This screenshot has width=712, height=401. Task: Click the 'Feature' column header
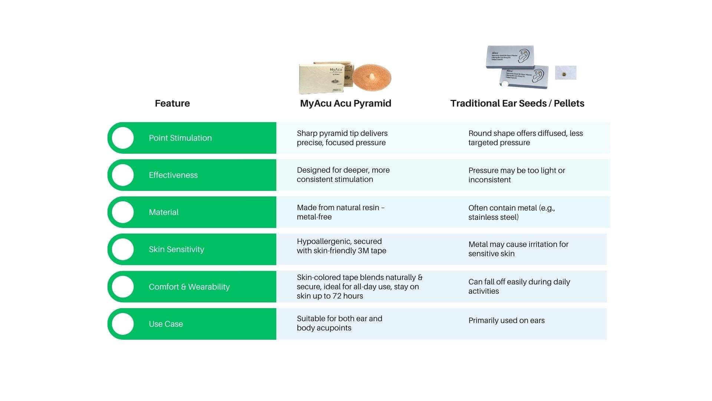172,103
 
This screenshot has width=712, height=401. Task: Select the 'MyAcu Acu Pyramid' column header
345,103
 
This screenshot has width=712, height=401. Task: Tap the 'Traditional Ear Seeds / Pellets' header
517,103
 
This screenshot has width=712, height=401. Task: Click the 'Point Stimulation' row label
180,138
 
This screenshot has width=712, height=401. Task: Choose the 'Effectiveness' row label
173,175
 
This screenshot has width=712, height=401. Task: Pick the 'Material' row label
164,212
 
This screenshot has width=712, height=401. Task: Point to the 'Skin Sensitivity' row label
177,249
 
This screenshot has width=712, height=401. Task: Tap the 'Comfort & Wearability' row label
189,287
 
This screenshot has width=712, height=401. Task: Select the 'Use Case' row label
166,324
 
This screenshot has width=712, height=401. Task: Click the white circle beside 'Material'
123,212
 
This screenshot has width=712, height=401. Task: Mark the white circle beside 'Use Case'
123,324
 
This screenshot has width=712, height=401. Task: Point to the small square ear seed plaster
565,73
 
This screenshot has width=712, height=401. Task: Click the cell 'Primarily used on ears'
506,320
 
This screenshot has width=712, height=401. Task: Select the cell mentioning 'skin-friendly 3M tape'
341,246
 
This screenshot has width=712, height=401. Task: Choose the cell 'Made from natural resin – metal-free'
340,212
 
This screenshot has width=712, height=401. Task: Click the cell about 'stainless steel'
511,212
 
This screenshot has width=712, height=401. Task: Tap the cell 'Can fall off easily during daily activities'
519,286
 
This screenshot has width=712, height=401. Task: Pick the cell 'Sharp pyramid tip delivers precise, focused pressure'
342,138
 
